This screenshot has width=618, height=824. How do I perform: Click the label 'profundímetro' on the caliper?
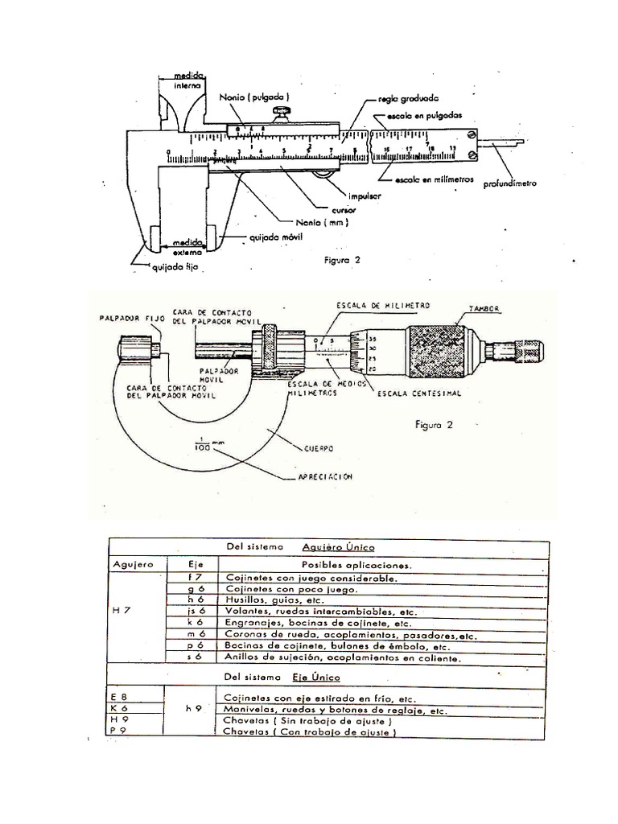pyautogui.click(x=509, y=183)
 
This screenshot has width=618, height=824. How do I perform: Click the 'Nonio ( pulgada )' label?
pyautogui.click(x=249, y=97)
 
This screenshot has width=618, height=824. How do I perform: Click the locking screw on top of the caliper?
pyautogui.click(x=281, y=110)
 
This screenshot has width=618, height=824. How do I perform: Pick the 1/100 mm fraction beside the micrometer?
pyautogui.click(x=203, y=443)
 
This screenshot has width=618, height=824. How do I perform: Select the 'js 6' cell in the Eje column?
pyautogui.click(x=192, y=612)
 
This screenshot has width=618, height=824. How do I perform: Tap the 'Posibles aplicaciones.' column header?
pyautogui.click(x=356, y=564)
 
